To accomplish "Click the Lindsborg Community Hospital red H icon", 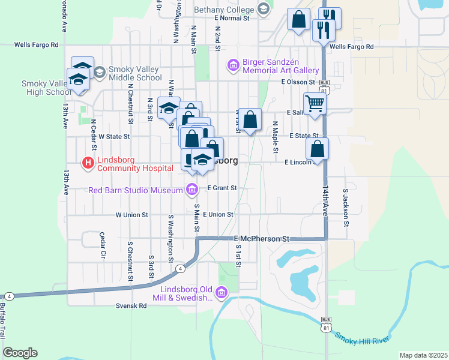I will (88, 163).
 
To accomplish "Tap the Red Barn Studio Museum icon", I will (192, 190).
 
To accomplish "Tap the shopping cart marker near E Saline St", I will (314, 104).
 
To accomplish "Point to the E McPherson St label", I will (262, 238).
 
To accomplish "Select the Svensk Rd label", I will (131, 305).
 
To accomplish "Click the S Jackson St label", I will (346, 208).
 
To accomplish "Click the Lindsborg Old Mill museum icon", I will (221, 293).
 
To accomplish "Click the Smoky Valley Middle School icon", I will (99, 72).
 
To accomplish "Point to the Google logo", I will (20, 353).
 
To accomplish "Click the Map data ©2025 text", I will (423, 355).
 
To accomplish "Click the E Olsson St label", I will (298, 82).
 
